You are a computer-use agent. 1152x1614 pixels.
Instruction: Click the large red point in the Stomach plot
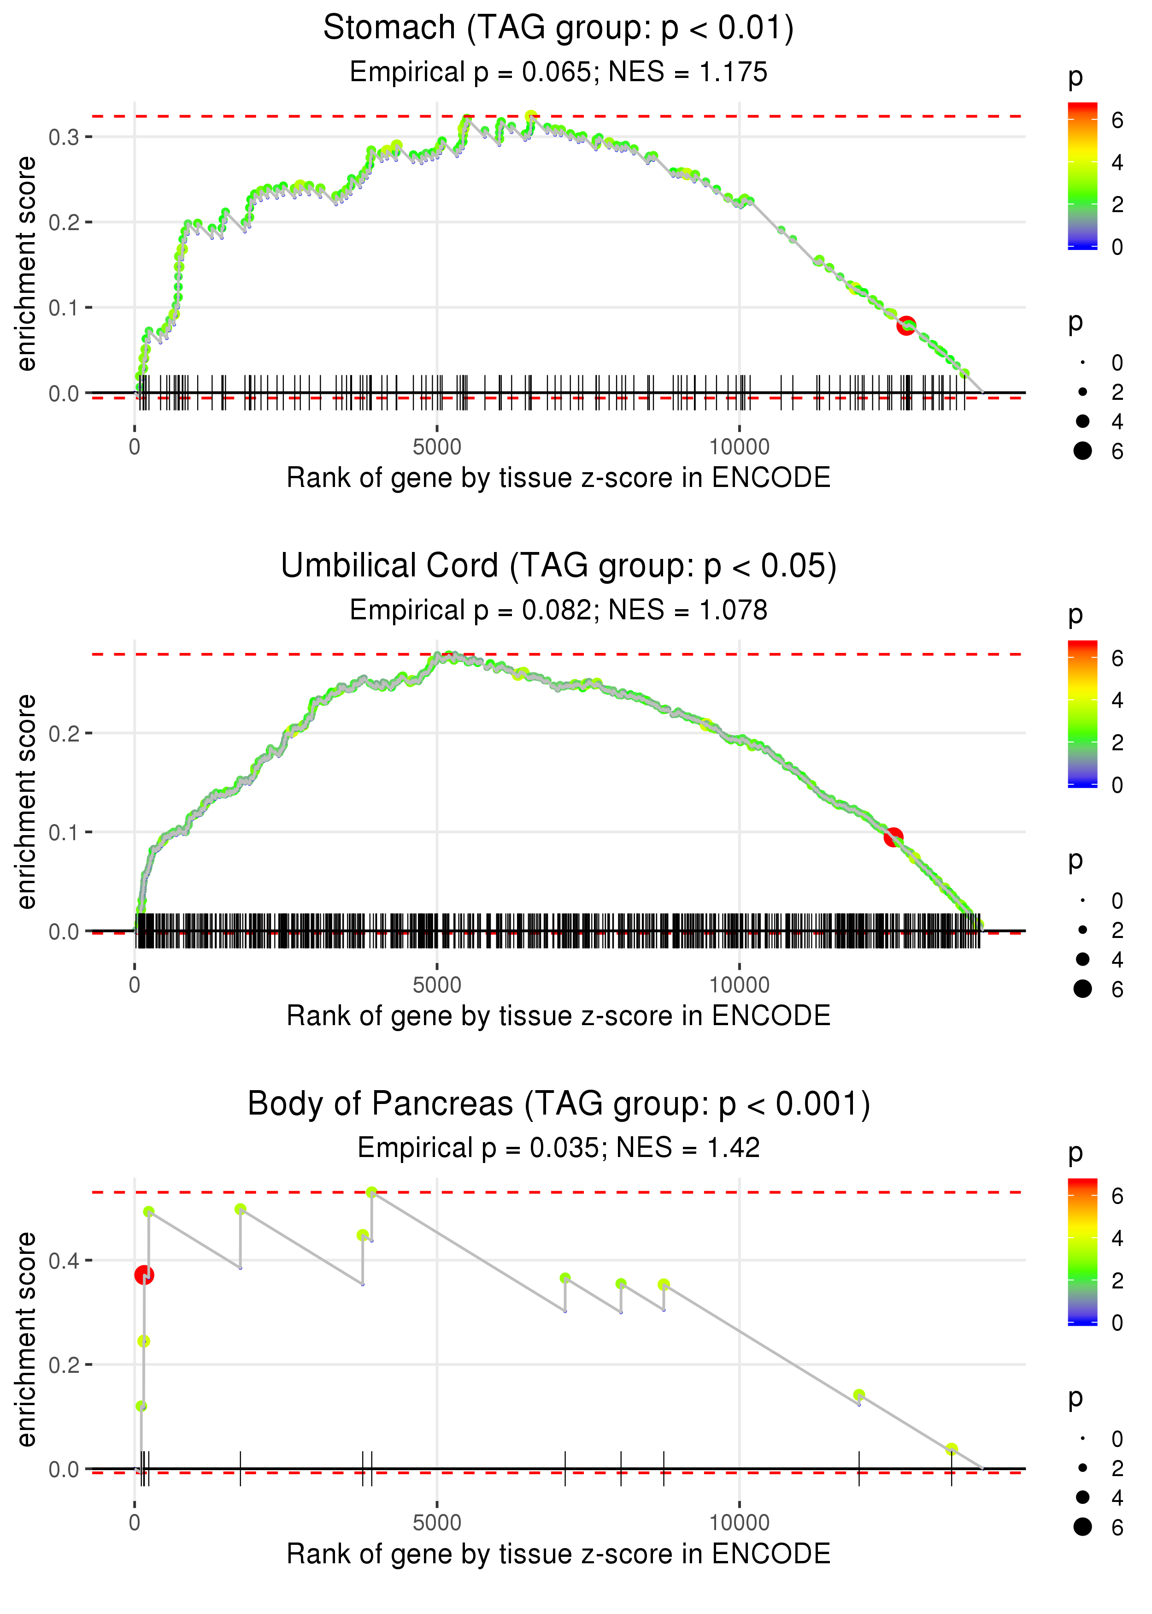(x=906, y=326)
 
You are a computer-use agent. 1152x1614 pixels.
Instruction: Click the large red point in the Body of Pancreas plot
(x=144, y=1275)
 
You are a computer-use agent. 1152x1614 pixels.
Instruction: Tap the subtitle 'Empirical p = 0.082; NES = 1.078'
(x=558, y=611)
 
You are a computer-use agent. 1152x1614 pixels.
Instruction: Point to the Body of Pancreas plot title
(x=558, y=1104)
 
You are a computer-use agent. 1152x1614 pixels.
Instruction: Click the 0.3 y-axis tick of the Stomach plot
(x=64, y=137)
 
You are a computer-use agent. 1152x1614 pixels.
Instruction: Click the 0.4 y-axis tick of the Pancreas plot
(x=64, y=1261)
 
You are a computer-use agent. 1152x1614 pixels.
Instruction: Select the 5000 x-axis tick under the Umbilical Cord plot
(x=437, y=985)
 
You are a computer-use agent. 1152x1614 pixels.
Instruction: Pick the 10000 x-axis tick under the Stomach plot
(x=739, y=447)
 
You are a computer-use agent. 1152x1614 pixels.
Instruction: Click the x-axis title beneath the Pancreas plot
(x=558, y=1554)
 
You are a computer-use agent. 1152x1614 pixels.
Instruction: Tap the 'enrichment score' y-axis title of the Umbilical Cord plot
(x=26, y=801)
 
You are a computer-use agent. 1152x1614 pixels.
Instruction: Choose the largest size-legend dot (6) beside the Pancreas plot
(x=1082, y=1527)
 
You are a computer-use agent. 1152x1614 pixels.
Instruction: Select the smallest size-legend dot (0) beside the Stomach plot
(x=1082, y=362)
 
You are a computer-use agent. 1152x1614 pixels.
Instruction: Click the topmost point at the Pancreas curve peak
(x=371, y=1193)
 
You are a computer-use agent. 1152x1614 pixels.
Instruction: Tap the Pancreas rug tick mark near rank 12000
(x=859, y=1468)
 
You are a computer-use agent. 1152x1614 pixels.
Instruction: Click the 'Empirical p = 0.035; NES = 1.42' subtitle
(x=558, y=1148)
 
